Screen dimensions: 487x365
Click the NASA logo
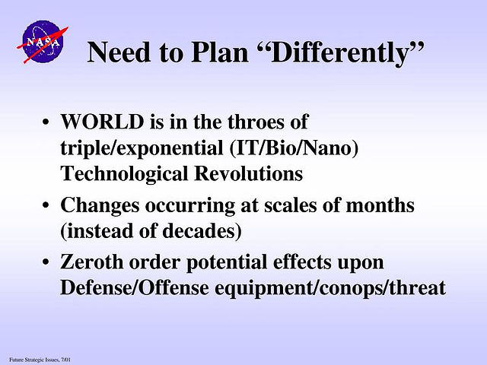43,42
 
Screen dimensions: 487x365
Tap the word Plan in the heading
220,52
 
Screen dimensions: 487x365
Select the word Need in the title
119,52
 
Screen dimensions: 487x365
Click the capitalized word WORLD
102,122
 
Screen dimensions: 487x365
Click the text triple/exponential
142,149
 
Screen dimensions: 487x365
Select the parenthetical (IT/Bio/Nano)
294,148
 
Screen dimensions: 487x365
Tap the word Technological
124,174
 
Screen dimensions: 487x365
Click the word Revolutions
249,173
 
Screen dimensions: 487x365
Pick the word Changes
100,206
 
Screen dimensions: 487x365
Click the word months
380,205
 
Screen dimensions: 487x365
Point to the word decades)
202,231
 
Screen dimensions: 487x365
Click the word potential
227,263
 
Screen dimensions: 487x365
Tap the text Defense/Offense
135,287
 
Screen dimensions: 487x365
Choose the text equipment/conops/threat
330,289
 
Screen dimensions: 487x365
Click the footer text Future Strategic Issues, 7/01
40,360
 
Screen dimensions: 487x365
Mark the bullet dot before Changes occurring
46,205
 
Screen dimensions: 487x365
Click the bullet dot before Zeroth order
46,262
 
